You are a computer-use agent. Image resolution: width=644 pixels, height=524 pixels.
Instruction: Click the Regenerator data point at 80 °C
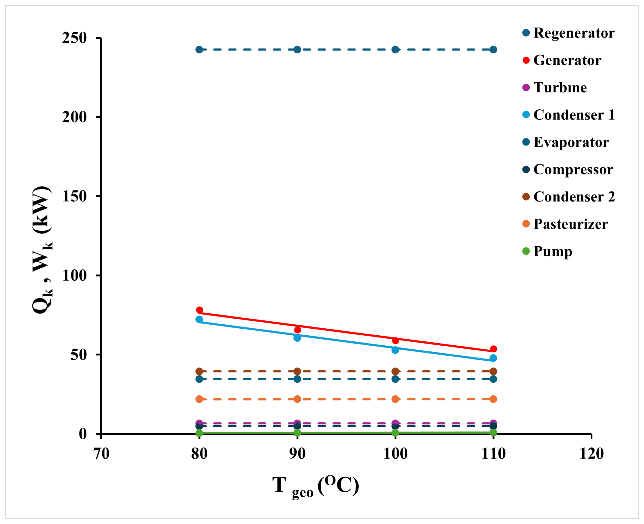point(199,50)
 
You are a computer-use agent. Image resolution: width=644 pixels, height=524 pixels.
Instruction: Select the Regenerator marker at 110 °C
point(493,50)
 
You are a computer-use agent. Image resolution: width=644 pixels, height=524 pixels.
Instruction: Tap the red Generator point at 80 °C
point(199,310)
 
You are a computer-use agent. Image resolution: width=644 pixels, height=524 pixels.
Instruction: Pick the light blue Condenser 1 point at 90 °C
point(297,338)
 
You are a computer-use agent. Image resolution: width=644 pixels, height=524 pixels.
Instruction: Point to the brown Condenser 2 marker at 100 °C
point(395,371)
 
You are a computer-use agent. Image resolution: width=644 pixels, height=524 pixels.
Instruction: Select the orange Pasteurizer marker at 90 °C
point(297,399)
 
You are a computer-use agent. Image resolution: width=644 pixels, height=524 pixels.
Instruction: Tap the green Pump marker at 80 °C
point(199,433)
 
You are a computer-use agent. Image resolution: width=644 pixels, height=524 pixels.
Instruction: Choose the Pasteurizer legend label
point(570,224)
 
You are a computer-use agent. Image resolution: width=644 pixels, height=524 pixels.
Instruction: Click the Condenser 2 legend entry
point(574,197)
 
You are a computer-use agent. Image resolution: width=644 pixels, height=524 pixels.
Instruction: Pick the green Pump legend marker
point(526,251)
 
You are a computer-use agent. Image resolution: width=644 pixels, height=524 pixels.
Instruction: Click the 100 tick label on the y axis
point(74,275)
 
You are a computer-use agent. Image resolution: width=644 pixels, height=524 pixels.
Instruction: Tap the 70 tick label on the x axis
point(101,454)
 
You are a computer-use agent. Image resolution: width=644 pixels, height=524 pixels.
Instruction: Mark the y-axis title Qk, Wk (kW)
point(42,250)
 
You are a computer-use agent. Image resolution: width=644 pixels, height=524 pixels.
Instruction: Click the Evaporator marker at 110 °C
point(493,379)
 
